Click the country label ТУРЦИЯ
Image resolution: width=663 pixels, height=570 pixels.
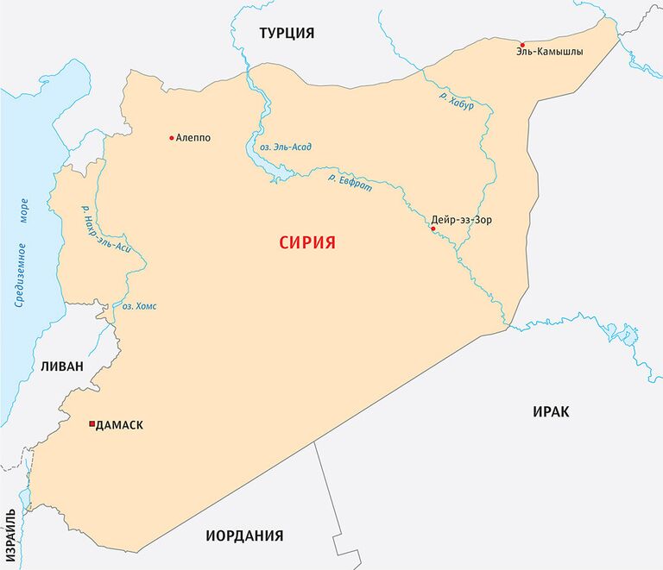287,33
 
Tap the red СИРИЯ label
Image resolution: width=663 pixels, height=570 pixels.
306,242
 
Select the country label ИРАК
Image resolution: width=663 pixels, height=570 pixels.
551,411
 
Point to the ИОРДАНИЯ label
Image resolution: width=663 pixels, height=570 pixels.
244,536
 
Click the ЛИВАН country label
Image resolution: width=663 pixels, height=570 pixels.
61,366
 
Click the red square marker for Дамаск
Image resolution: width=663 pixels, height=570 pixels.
92,424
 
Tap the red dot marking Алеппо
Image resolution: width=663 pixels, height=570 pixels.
172,137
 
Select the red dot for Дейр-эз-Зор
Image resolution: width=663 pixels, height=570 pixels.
433,229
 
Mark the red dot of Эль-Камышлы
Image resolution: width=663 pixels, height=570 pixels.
522,45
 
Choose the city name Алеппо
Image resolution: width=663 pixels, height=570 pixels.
193,137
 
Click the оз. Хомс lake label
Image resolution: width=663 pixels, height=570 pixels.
140,306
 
